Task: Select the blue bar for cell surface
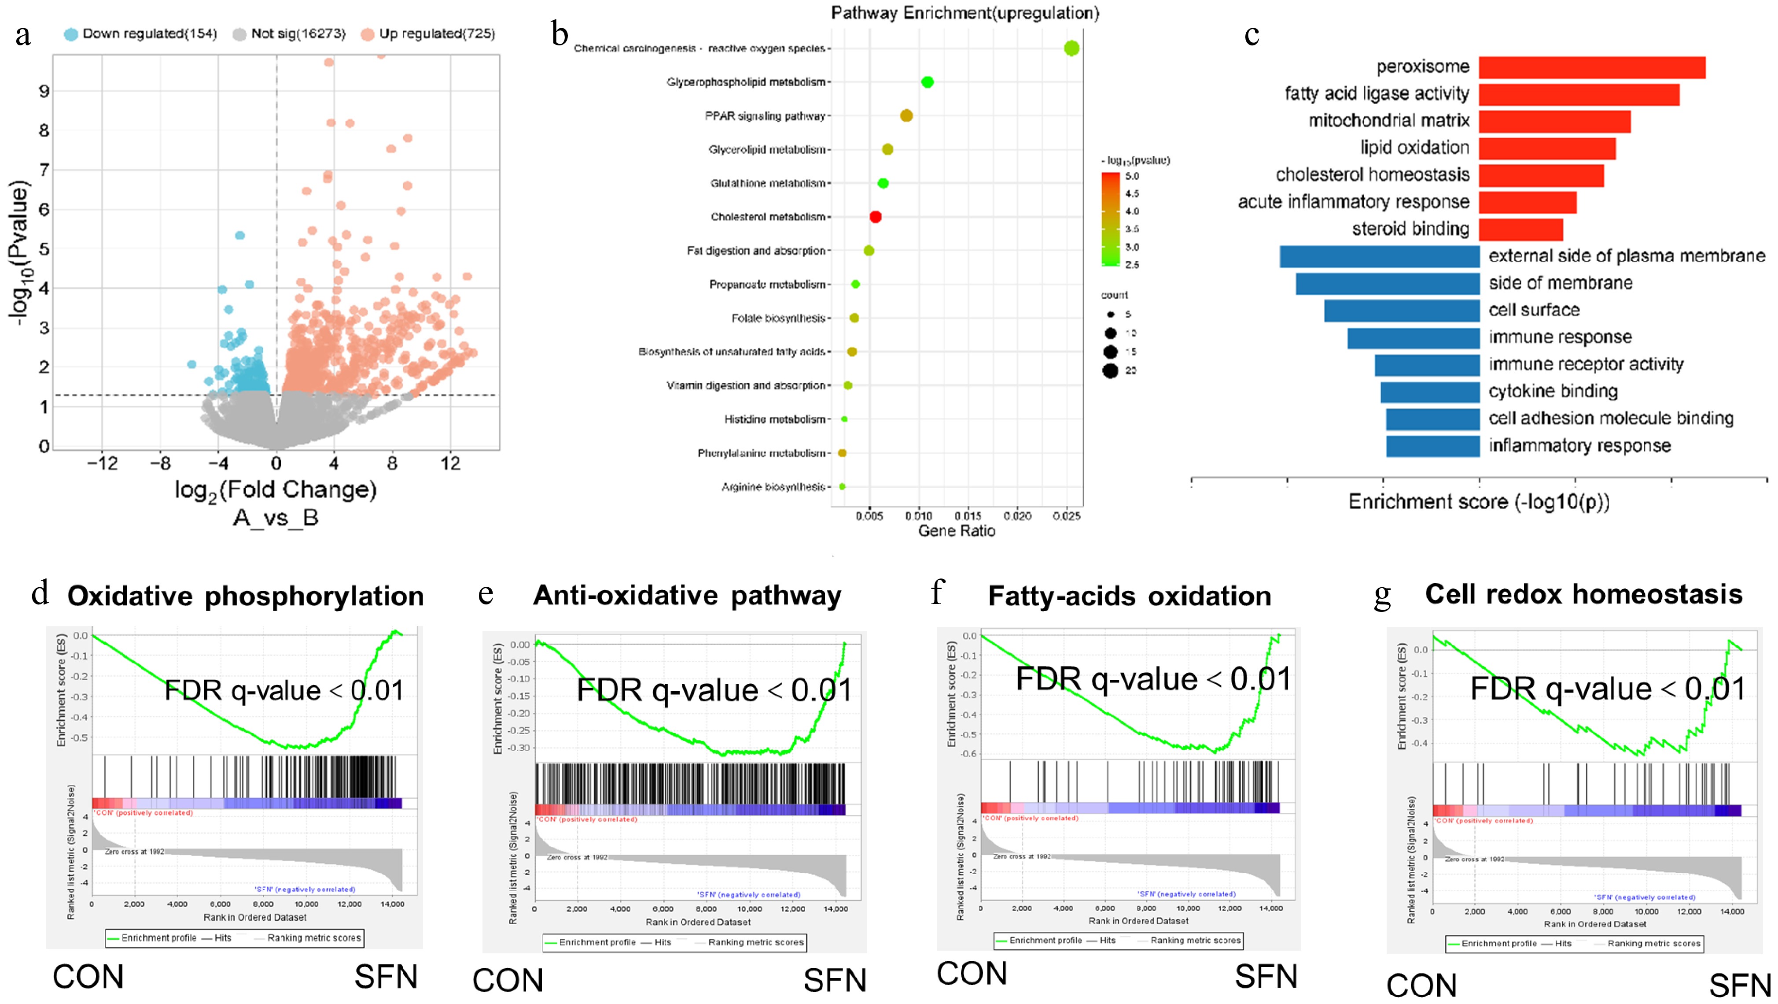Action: coord(1401,311)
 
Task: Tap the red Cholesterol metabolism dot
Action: coord(875,217)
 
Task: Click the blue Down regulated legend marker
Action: coord(70,34)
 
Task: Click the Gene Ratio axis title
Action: coord(956,530)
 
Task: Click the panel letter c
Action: coord(1252,34)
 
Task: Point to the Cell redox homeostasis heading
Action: coord(1583,594)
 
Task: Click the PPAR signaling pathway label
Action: coord(765,116)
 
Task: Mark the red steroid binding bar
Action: coord(1520,229)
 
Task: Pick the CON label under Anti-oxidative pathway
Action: coord(507,981)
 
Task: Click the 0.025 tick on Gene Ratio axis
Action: coord(1066,516)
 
